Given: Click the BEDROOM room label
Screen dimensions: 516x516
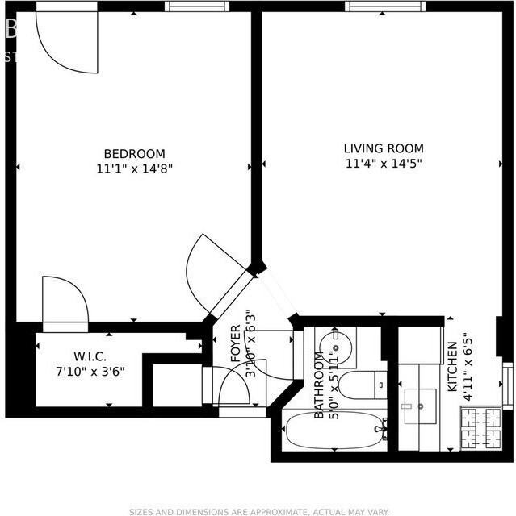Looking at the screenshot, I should pyautogui.click(x=134, y=154).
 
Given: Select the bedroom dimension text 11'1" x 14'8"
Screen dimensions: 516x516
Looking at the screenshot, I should pyautogui.click(x=134, y=169).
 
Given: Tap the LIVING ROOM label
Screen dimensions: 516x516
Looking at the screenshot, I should pyautogui.click(x=384, y=148).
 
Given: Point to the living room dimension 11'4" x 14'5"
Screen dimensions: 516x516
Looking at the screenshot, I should pyautogui.click(x=384, y=163).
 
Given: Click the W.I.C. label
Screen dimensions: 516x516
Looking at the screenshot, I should pyautogui.click(x=90, y=356).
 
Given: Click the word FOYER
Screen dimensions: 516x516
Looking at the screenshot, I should pyautogui.click(x=235, y=343).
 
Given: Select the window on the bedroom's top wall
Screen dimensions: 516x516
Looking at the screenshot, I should pyautogui.click(x=197, y=6).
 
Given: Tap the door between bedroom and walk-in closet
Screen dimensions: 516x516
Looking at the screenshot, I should pyautogui.click(x=65, y=302).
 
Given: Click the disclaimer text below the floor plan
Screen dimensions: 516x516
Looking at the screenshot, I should pyautogui.click(x=258, y=511).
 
